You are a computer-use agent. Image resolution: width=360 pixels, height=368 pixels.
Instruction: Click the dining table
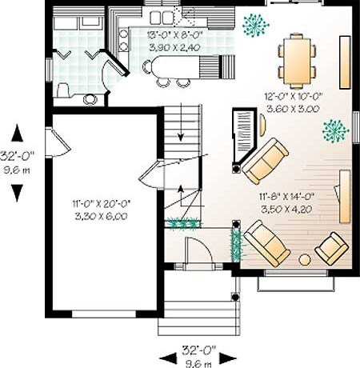tap(297, 62)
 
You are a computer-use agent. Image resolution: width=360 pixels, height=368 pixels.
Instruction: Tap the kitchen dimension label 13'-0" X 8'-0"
tap(175, 34)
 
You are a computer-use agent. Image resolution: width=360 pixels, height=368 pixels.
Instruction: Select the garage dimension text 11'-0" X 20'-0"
tap(101, 204)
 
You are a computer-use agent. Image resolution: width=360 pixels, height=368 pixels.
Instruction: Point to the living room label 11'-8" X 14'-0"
tap(287, 197)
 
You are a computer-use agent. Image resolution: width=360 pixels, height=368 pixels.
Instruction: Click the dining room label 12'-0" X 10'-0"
tap(294, 96)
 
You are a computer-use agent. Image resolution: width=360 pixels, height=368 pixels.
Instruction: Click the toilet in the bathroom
tap(63, 90)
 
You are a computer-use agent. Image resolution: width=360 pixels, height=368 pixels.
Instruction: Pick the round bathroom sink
tap(90, 99)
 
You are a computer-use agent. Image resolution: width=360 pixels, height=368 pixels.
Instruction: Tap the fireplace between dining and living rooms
tap(245, 138)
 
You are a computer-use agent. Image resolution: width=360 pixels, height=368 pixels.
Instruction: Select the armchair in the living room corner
tap(332, 248)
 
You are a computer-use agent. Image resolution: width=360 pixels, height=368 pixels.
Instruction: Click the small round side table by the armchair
tap(305, 260)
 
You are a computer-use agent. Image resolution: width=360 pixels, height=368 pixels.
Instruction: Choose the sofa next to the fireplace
tap(265, 161)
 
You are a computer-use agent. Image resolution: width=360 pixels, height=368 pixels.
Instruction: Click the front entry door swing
tap(198, 250)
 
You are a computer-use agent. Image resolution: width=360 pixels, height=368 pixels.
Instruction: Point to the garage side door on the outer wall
tap(58, 142)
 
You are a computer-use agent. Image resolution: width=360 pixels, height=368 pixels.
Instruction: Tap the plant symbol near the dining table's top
tap(255, 25)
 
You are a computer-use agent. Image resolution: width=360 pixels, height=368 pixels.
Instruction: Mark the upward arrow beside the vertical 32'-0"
tap(17, 133)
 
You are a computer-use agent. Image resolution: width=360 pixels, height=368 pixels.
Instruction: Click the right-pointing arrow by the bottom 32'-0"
tap(228, 358)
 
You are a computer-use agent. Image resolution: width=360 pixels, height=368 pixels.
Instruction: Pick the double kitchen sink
tap(161, 18)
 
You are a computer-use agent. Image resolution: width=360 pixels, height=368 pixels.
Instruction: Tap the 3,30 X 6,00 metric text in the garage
tap(101, 216)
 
